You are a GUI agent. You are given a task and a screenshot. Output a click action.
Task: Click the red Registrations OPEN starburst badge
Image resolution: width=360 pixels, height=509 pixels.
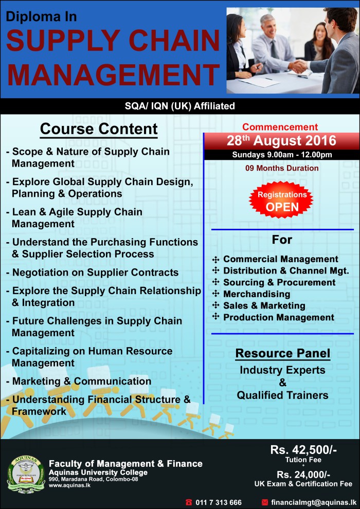pyautogui.click(x=282, y=201)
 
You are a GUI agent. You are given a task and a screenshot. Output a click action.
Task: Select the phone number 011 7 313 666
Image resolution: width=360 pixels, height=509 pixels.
pyautogui.click(x=219, y=502)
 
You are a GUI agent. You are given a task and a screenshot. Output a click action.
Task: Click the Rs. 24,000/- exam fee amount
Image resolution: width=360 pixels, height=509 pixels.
pyautogui.click(x=303, y=474)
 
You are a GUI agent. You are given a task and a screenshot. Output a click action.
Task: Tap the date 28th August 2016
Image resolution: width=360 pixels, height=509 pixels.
pyautogui.click(x=281, y=140)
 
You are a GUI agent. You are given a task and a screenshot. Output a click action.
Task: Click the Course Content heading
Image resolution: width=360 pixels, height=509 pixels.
pyautogui.click(x=99, y=129)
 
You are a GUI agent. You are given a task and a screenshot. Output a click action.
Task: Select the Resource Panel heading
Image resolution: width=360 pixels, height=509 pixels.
pyautogui.click(x=282, y=354)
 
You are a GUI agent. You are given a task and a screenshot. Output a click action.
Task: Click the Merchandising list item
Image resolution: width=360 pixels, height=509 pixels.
pyautogui.click(x=257, y=294)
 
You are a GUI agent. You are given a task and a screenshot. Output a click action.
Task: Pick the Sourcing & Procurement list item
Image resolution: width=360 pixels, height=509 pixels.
pyautogui.click(x=279, y=282)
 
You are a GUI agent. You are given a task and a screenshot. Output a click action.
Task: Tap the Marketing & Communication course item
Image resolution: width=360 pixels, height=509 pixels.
pyautogui.click(x=81, y=381)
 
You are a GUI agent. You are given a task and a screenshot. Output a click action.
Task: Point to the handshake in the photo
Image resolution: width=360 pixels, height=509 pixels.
pyautogui.click(x=298, y=65)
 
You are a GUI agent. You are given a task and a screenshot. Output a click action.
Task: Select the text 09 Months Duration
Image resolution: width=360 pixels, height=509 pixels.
pyautogui.click(x=282, y=168)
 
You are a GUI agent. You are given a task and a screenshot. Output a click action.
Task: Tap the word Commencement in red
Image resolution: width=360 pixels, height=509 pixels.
pyautogui.click(x=280, y=127)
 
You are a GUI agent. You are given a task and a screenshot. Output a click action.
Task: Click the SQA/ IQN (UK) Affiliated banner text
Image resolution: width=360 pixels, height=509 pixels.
pyautogui.click(x=179, y=106)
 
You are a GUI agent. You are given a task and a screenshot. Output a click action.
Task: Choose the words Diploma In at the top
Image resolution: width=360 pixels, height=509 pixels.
pyautogui.click(x=42, y=16)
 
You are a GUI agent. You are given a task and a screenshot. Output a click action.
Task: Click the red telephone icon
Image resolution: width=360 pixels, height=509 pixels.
pyautogui.click(x=189, y=502)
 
